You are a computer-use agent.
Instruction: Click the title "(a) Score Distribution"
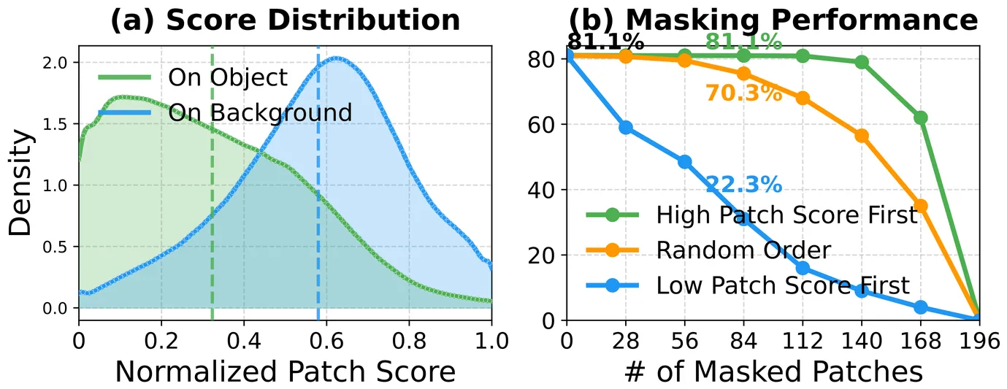(x=285, y=20)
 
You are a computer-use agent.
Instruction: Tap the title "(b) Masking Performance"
(x=773, y=20)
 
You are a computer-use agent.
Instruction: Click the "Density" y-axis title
(x=21, y=182)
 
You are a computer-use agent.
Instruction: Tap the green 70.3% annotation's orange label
(x=743, y=93)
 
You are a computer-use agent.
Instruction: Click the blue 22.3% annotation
(x=743, y=185)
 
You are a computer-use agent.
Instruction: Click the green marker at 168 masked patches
(x=920, y=118)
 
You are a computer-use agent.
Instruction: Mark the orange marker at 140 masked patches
(x=862, y=136)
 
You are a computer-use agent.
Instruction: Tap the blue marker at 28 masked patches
(x=626, y=128)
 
